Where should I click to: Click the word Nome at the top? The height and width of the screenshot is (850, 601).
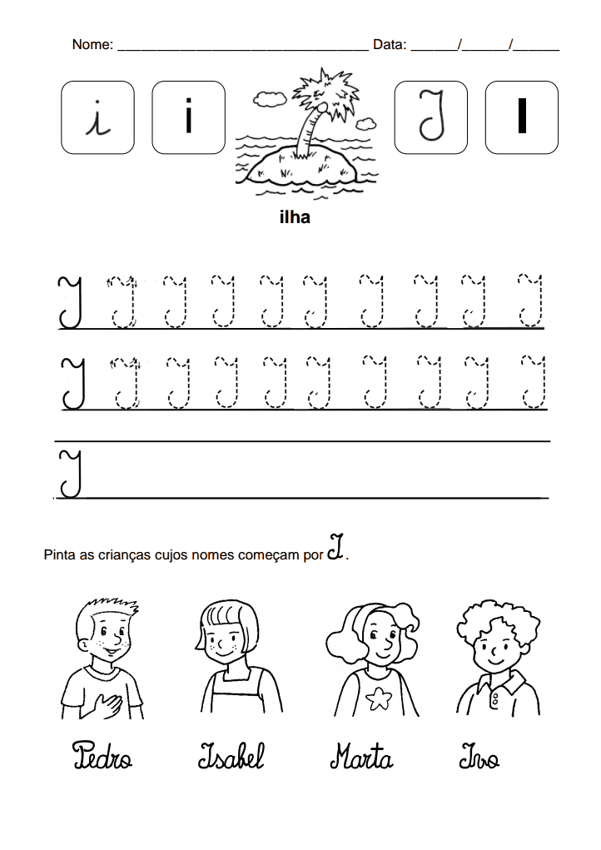(x=92, y=45)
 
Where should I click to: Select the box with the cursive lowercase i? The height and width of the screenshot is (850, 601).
(x=97, y=117)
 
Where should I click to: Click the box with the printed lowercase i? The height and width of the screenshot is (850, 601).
(x=189, y=117)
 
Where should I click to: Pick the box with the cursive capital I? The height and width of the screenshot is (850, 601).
(x=430, y=117)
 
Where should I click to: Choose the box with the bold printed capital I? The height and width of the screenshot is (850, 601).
(x=522, y=117)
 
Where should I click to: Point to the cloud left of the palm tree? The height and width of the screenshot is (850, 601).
(x=267, y=100)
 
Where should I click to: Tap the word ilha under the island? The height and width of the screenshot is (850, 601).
(x=295, y=218)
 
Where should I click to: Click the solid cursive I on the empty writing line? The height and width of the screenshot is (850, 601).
(x=70, y=474)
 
